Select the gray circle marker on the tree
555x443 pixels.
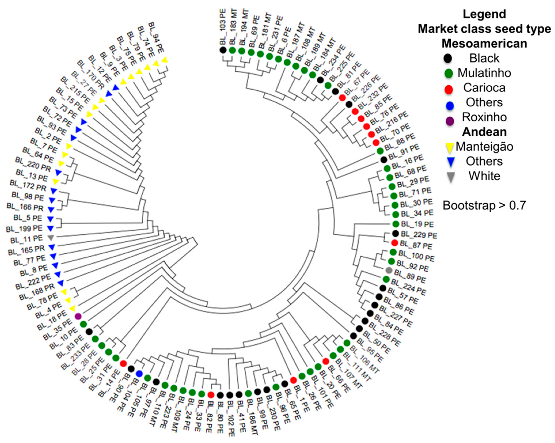(389, 270)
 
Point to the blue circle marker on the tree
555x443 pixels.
(139, 373)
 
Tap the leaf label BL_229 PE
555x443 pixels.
(419, 235)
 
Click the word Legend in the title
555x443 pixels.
(484, 14)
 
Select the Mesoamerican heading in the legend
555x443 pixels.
(484, 43)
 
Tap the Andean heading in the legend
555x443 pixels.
(484, 132)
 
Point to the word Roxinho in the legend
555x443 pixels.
(484, 117)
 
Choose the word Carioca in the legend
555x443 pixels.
(484, 88)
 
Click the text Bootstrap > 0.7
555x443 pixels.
(484, 206)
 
